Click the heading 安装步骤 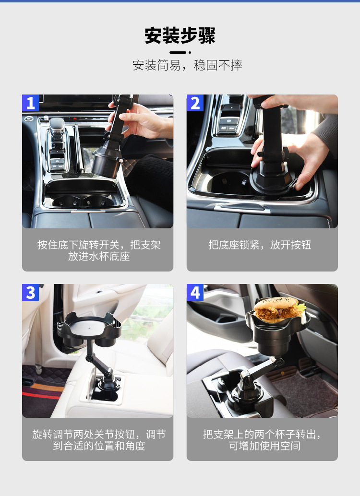click(x=180, y=35)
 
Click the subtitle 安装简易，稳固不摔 click(x=188, y=65)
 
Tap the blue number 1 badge click(x=30, y=103)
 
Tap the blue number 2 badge click(x=195, y=103)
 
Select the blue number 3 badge click(x=30, y=292)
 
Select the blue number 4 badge click(x=195, y=292)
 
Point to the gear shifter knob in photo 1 click(x=57, y=126)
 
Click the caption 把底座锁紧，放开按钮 click(x=260, y=245)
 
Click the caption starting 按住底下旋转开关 click(x=99, y=250)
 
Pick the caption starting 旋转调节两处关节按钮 click(x=99, y=440)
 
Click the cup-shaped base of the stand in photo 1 click(x=107, y=165)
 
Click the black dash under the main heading click(x=178, y=52)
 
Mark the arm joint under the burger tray click(x=278, y=361)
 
